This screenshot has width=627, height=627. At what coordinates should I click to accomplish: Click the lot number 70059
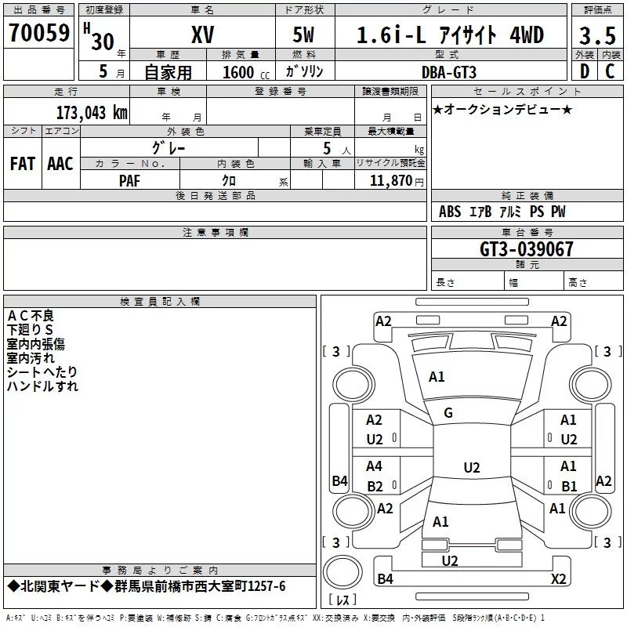point(39,32)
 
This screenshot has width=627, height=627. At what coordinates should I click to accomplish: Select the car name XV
point(203,34)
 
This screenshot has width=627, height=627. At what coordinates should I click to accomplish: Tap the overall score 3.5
point(597,35)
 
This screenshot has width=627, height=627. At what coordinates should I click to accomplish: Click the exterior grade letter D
point(585,71)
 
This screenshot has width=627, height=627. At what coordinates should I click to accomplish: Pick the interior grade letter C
point(610,71)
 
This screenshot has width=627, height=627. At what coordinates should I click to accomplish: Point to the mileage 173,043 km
point(92,113)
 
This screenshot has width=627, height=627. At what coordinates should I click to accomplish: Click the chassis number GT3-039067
point(527,249)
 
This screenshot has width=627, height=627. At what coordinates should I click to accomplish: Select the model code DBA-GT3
point(449,72)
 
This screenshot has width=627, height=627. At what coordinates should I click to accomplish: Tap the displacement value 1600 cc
point(246,72)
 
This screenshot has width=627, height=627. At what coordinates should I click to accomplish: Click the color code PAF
point(129,181)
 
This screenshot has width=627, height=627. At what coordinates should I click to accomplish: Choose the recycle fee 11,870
point(390,181)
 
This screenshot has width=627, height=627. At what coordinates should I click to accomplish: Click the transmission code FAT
point(23,164)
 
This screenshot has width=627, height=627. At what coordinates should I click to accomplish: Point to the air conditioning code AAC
point(60,164)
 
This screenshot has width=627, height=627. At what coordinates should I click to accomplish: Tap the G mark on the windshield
point(448,413)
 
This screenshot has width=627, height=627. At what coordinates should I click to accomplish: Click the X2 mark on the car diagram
point(559,578)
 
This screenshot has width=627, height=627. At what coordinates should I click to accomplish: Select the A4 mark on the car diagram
point(374,466)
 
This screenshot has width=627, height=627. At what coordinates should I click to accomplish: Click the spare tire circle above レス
point(342,571)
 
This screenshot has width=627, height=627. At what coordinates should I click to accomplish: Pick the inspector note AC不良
point(31,316)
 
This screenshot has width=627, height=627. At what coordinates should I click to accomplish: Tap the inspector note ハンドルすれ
point(42,386)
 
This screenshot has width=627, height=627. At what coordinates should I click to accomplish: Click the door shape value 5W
point(303,34)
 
